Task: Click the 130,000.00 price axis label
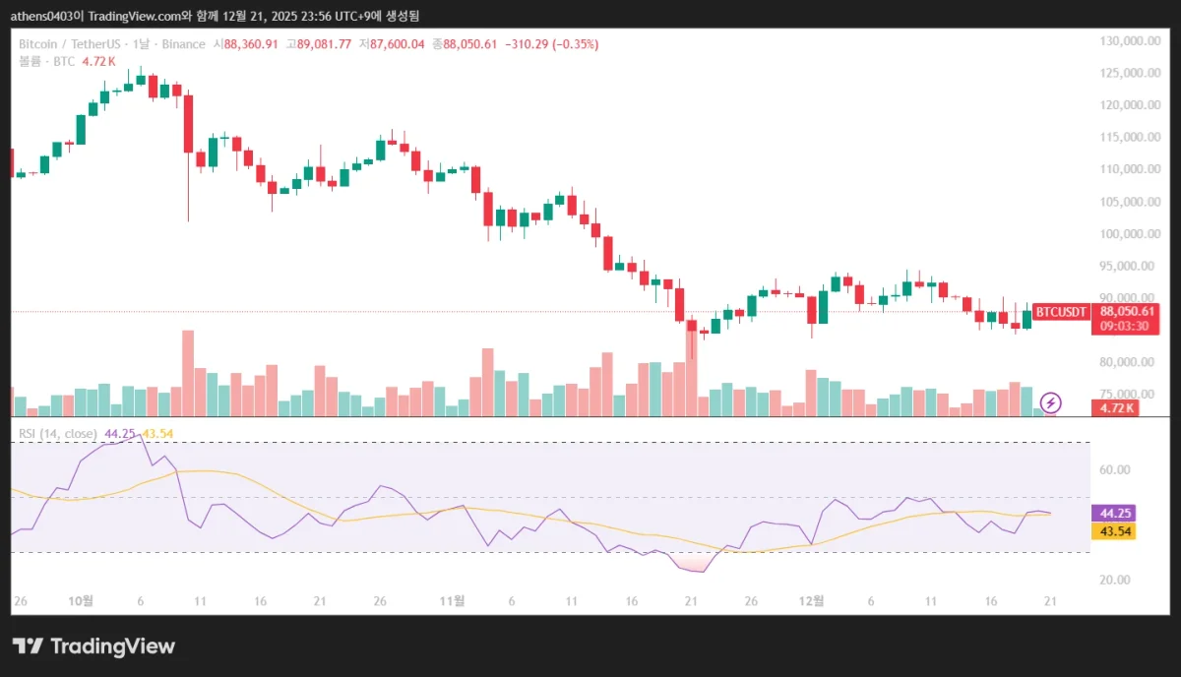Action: [x=1127, y=41]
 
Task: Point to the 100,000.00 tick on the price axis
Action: [x=1127, y=234]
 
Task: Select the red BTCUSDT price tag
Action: [x=1062, y=312]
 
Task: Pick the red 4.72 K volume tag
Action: [x=1118, y=407]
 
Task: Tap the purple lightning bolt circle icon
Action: [x=1051, y=402]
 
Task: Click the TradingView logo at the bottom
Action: [x=93, y=646]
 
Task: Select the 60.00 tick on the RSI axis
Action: [x=1114, y=470]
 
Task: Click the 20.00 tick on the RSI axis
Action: [x=1114, y=581]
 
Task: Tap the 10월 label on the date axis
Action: [x=81, y=600]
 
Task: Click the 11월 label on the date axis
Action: [x=452, y=600]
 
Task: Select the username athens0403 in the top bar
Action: [x=45, y=14]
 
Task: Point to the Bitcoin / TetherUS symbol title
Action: [x=67, y=44]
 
